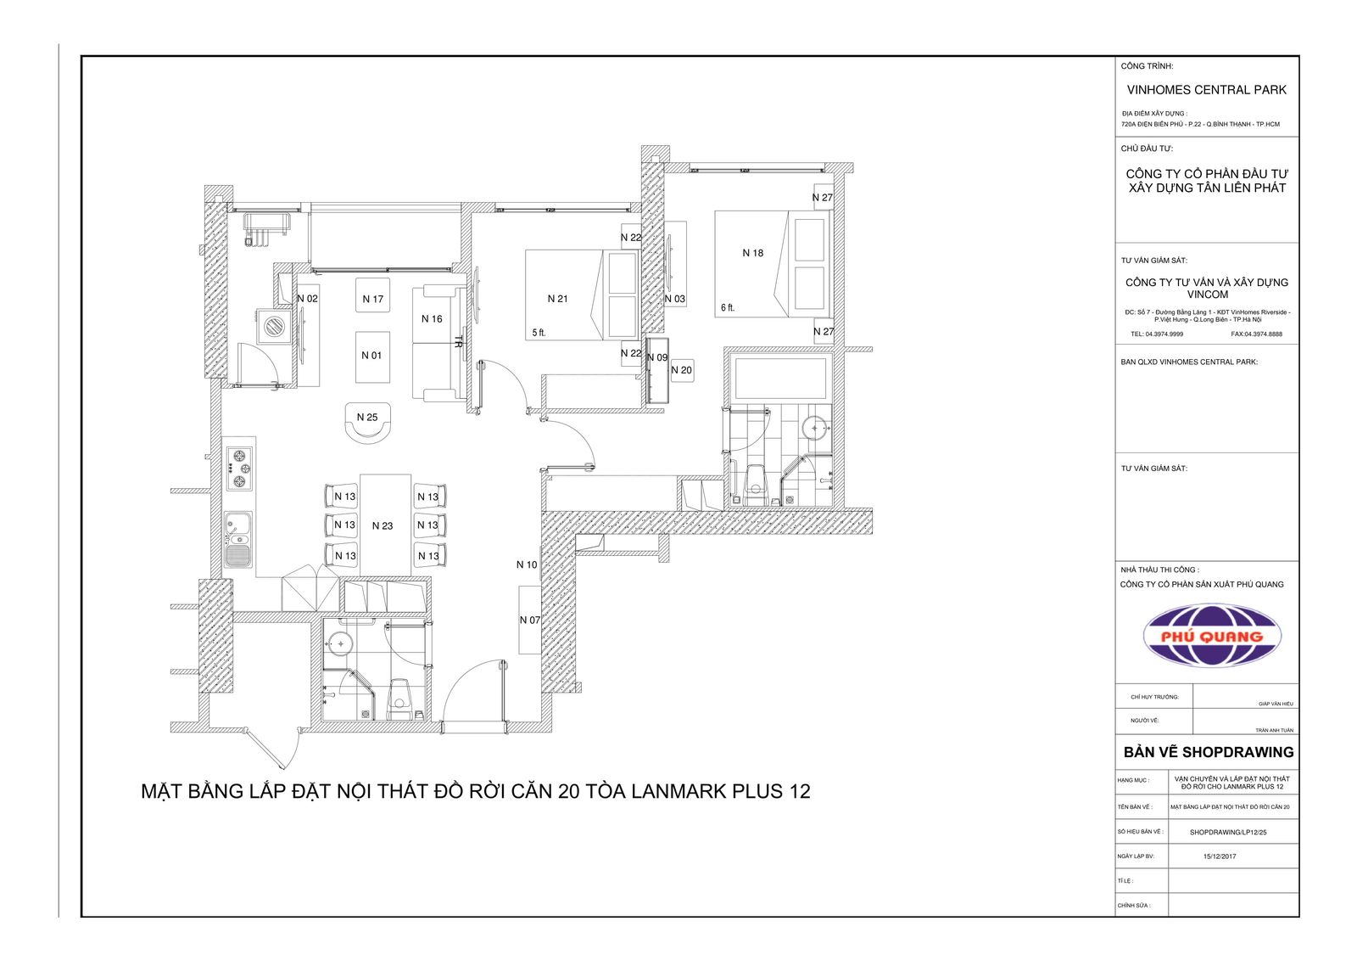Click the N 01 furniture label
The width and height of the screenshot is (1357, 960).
[371, 356]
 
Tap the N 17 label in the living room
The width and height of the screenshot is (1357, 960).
[372, 299]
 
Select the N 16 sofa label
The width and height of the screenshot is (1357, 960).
[432, 319]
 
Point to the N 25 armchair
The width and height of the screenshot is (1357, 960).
[367, 423]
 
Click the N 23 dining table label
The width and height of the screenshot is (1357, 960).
[383, 525]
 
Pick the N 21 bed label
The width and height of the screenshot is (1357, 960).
[557, 299]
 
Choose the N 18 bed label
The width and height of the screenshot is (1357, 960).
[753, 253]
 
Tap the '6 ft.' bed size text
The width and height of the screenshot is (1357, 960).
[728, 308]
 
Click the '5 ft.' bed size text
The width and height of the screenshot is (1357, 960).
[539, 333]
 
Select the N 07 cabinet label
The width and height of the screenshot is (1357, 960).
[529, 620]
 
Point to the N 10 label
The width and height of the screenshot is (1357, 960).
[527, 564]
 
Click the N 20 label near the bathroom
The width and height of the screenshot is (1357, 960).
[682, 370]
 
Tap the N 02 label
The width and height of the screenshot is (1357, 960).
[307, 299]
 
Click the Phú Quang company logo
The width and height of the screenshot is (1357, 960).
[1212, 636]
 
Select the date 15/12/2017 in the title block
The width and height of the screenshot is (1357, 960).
[1220, 856]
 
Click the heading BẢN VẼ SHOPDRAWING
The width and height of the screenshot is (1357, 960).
[1208, 752]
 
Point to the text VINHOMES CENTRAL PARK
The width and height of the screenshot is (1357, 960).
[1206, 90]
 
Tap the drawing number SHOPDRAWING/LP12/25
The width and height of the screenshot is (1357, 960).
[1228, 832]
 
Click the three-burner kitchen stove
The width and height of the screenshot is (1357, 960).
[238, 468]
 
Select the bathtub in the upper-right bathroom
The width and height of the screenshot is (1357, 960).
[779, 376]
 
